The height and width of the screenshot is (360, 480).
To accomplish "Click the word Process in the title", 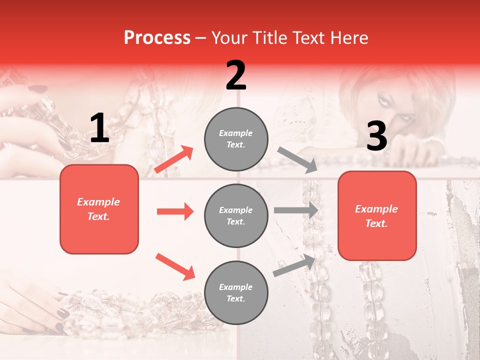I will pos(157,38).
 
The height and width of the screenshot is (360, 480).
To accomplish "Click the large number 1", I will pos(99,128).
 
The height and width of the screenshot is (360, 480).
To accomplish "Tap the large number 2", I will pos(236,75).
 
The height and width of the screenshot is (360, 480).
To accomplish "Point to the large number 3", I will pos(376,136).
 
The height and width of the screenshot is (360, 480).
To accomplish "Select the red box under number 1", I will pos(99,209).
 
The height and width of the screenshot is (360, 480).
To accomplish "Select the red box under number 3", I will pos(377,215).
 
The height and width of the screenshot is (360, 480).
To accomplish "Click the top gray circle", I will pos(236,138).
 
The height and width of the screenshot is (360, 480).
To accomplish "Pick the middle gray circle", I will pos(236,215).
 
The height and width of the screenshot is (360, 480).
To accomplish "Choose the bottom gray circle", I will pos(236,292).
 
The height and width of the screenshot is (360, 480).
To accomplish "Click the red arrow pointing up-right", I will pos(174,159).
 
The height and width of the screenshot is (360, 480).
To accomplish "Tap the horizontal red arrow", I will pos(175,211).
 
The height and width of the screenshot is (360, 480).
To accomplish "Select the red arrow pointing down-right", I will pos(175,266).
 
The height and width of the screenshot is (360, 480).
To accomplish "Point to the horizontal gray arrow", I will pos(295,210).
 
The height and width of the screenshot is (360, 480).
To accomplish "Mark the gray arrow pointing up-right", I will pos(294,265).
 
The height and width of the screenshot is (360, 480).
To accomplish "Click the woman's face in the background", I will pos(395,107).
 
